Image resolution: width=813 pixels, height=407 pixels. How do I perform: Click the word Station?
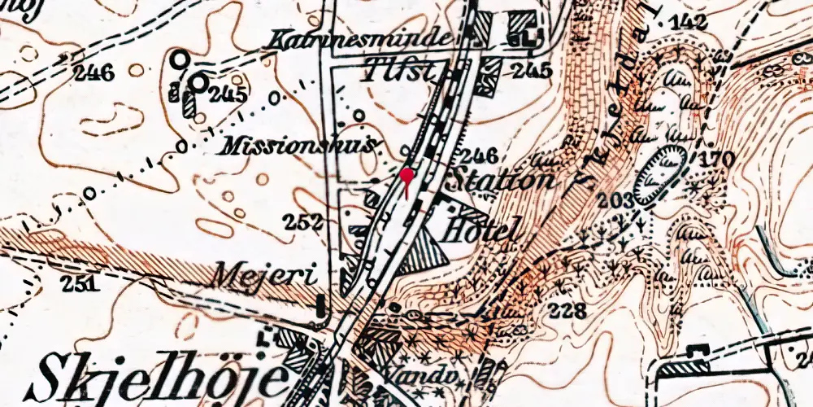pos(504,179)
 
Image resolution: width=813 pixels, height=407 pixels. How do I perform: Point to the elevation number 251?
pos(84,283)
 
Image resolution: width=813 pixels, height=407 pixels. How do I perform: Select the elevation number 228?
pos(567,310)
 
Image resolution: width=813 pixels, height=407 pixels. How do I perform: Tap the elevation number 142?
pos(689,22)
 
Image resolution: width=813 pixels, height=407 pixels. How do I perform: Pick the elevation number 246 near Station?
pos(477,155)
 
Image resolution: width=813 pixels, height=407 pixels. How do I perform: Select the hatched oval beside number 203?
pos(659,173)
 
